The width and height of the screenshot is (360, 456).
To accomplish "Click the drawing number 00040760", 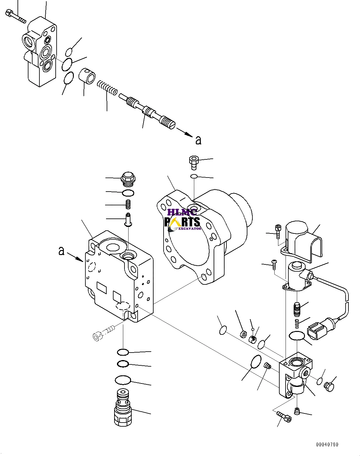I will click(327, 444).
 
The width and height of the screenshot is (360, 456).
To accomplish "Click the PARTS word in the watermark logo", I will click(183, 222).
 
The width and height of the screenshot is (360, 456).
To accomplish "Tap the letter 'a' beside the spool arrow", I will click(198, 140).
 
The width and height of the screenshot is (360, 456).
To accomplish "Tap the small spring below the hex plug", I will click(128, 205).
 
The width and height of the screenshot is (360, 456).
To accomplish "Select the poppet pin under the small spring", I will click(129, 219).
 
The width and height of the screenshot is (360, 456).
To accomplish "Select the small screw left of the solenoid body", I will click(274, 264).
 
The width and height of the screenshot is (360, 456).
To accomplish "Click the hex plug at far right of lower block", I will click(329, 387).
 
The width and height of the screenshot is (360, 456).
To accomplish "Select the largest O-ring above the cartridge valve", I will click(123, 380).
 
